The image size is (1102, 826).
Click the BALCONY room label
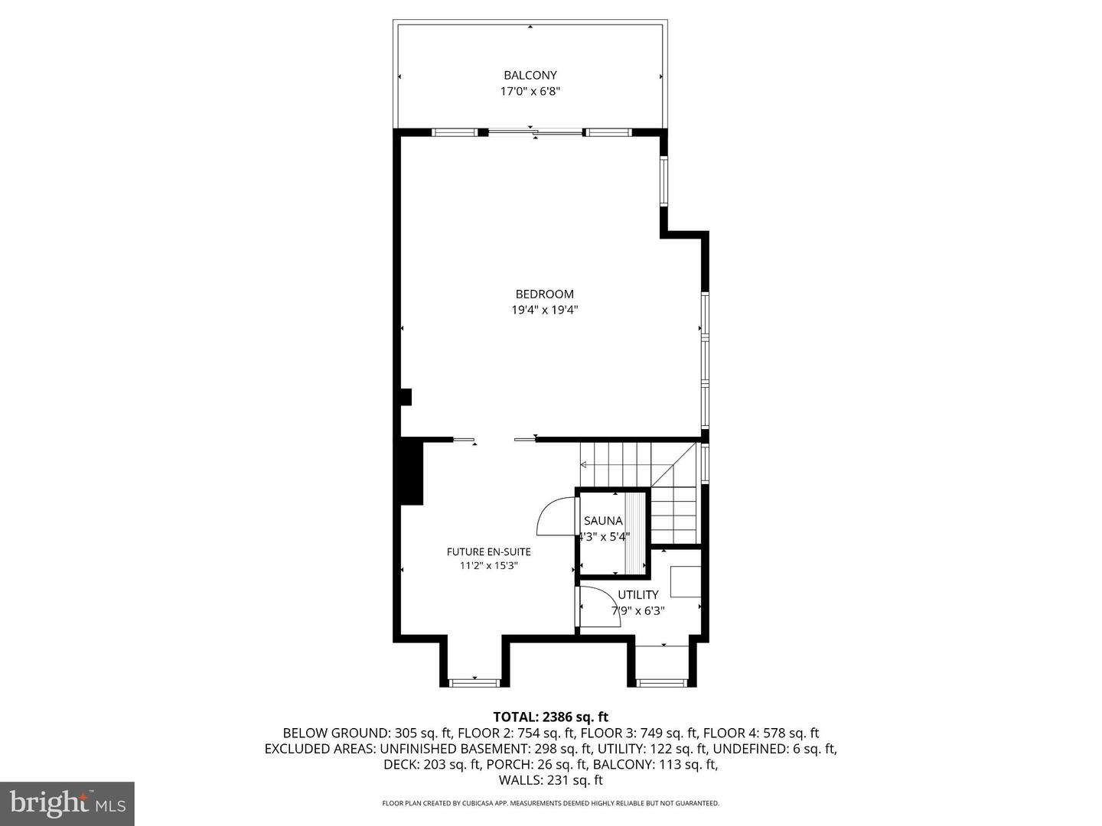pyautogui.click(x=530, y=75)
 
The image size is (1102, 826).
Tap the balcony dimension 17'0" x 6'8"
pyautogui.click(x=530, y=91)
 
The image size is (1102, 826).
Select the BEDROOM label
pyautogui.click(x=544, y=294)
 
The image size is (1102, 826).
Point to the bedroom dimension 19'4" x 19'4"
pyautogui.click(x=544, y=310)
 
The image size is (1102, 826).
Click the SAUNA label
pyautogui.click(x=603, y=521)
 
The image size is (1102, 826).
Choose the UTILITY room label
pyautogui.click(x=637, y=594)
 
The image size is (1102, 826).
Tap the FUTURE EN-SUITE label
pyautogui.click(x=488, y=551)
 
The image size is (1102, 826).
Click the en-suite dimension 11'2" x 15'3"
pyautogui.click(x=488, y=566)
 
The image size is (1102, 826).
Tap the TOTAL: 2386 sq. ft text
pyautogui.click(x=550, y=717)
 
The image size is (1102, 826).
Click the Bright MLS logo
pyautogui.click(x=67, y=803)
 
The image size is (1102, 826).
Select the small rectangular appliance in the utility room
pyautogui.click(x=685, y=581)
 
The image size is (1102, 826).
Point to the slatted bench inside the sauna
pyautogui.click(x=636, y=532)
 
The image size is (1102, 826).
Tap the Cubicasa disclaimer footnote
pyautogui.click(x=550, y=803)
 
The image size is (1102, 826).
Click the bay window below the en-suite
pyautogui.click(x=474, y=681)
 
